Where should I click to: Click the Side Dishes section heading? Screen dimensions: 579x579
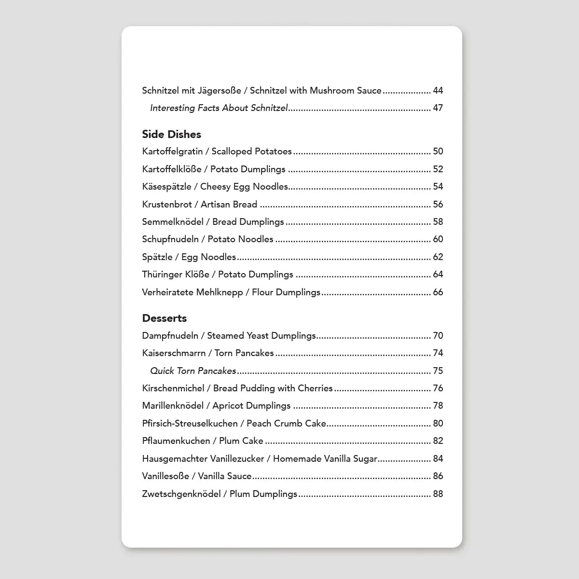(171, 134)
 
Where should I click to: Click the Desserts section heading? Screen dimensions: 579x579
(164, 318)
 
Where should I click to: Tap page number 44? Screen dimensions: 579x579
(438, 91)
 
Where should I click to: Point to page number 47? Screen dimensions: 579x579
(438, 108)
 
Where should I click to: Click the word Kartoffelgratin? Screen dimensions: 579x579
(172, 152)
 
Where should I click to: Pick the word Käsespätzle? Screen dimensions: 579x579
(167, 187)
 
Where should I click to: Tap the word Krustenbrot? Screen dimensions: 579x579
(167, 205)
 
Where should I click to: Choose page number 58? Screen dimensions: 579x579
(438, 222)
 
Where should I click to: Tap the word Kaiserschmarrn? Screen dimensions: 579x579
(174, 353)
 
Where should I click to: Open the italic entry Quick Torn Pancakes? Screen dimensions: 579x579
(193, 371)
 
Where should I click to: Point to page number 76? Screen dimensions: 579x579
(438, 388)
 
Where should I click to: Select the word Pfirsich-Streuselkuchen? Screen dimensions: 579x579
(190, 424)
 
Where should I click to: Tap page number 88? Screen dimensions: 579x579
(438, 494)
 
